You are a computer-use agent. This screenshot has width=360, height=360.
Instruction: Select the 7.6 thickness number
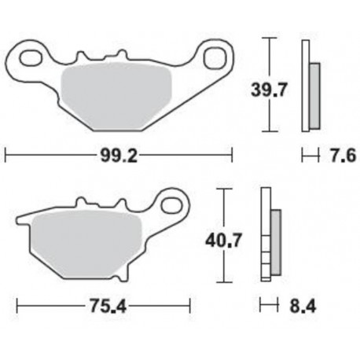342,157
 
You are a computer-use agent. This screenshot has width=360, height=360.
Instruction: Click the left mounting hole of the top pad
33,57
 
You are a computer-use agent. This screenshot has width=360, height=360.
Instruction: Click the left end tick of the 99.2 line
6,155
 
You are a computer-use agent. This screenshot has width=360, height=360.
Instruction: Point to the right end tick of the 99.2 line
232,155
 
